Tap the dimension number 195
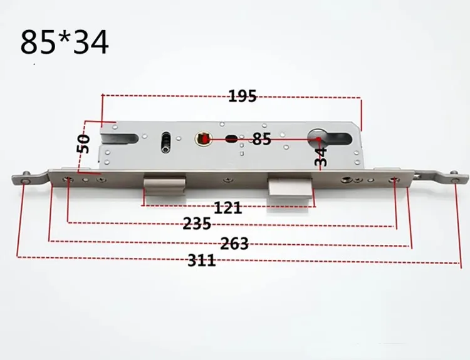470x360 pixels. point(242,96)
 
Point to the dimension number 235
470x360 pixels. point(197,224)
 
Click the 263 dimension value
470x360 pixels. point(234,244)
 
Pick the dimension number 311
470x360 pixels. point(201,261)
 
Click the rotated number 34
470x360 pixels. point(320,156)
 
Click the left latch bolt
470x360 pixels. point(164,185)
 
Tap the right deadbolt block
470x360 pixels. point(290,187)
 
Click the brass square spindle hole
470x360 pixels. point(204,138)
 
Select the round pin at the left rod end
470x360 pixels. point(23,181)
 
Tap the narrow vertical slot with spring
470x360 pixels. point(165,141)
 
